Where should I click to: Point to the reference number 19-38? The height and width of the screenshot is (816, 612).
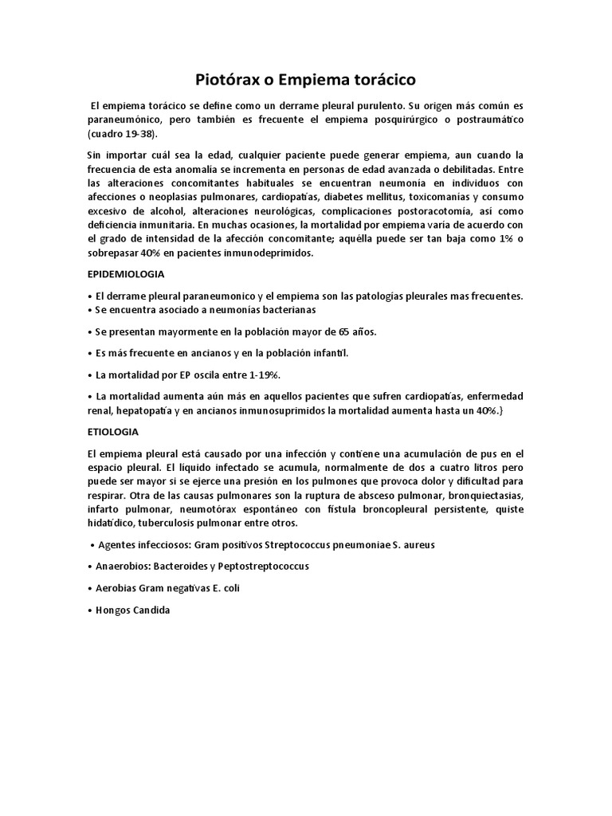pos(134,133)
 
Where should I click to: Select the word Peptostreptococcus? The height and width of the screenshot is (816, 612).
pos(261,566)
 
